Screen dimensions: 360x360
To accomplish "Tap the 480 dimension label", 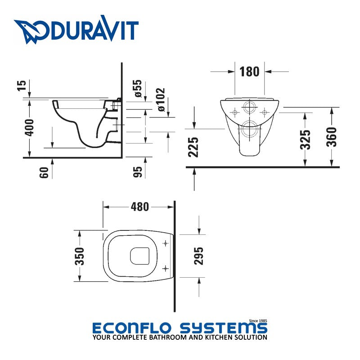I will pyautogui.click(x=139, y=207).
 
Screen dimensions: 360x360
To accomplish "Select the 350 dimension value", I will pyautogui.click(x=79, y=256).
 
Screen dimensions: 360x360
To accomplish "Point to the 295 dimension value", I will pyautogui.click(x=199, y=256).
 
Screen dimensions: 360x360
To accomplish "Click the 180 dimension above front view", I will pyautogui.click(x=249, y=72).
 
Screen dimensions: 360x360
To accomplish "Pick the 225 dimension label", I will pyautogui.click(x=194, y=147).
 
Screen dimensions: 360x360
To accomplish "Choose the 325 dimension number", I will pyautogui.click(x=306, y=140).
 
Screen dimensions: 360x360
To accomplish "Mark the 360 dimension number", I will pyautogui.click(x=332, y=137).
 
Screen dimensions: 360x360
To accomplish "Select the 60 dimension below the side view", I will pyautogui.click(x=44, y=171).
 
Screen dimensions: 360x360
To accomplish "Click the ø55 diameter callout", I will pyautogui.click(x=138, y=89).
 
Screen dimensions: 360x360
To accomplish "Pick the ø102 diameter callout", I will pyautogui.click(x=161, y=100).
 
